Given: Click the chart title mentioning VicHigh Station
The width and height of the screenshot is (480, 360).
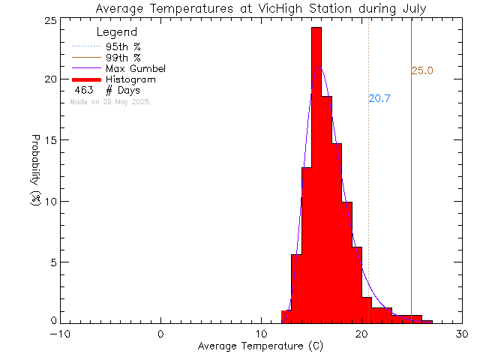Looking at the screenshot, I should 261,8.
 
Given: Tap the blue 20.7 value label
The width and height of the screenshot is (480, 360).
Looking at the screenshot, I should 379,98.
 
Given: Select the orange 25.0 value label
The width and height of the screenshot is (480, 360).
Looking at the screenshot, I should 422,71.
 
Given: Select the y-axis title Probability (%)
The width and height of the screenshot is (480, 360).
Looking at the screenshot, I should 35,170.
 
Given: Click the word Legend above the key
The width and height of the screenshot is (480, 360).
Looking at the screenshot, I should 117,32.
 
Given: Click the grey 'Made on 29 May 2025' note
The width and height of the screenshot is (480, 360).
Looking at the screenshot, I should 109,101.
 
